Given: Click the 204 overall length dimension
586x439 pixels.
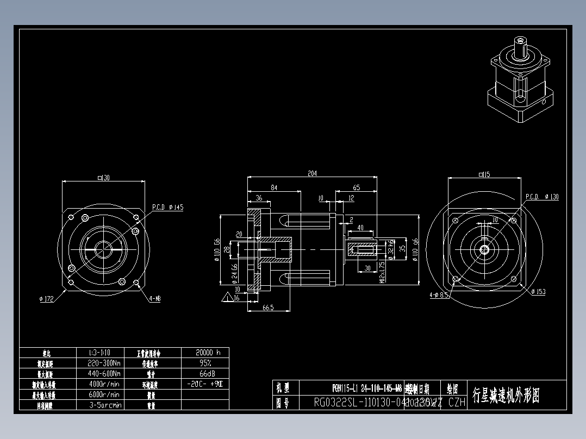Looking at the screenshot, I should [312, 173].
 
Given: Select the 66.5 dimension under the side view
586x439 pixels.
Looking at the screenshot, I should [267, 308].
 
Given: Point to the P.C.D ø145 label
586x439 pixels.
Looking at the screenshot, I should [167, 207].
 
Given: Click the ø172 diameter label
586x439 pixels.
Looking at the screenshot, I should [47, 298].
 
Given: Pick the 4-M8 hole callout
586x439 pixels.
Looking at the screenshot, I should [155, 298].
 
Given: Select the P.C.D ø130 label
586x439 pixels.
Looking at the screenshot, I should [541, 197].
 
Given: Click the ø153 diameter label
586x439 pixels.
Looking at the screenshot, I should [538, 292].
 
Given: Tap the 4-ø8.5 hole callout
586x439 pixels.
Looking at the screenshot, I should [438, 295].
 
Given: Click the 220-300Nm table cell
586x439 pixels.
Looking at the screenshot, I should [104, 363].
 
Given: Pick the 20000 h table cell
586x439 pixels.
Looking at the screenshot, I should [205, 352].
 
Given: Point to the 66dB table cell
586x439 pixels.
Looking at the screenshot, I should [205, 373].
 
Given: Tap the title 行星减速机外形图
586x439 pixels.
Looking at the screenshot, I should [506, 395].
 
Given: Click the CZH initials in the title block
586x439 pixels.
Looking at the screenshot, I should [457, 403].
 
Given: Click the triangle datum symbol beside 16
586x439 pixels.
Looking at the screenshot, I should [226, 297].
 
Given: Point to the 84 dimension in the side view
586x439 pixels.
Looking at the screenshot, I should [273, 187].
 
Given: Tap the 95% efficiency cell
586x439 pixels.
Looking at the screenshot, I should [205, 362].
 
